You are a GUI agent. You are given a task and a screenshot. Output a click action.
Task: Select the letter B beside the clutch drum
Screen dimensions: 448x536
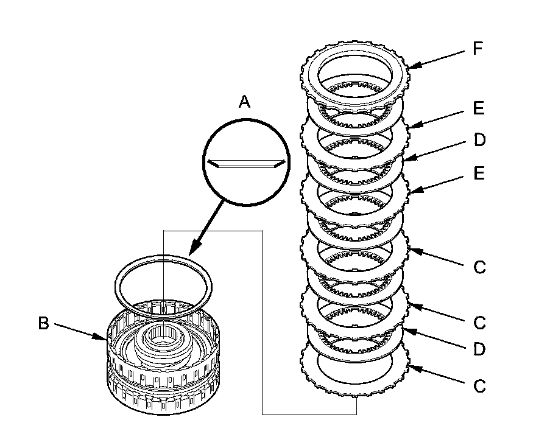point(43,323)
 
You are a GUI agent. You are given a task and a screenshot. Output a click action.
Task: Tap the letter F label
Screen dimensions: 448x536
point(478,49)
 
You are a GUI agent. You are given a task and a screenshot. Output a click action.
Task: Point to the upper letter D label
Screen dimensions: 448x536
point(479,140)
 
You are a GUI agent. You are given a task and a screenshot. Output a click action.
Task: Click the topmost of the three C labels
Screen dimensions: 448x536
point(479,267)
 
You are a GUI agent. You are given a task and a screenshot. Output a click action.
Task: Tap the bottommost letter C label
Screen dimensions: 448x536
point(479,386)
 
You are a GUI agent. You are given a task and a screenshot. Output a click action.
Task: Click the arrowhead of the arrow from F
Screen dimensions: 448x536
point(412,66)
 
